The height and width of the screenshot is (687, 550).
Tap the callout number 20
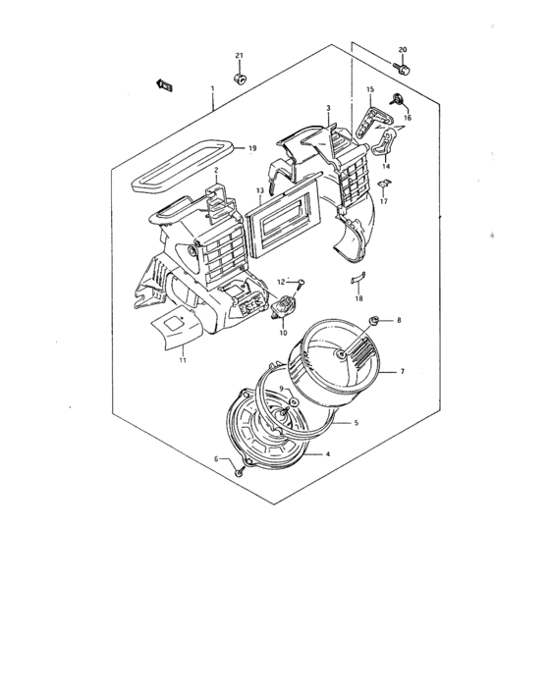pos(402,49)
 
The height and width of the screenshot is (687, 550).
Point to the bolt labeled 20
pos(403,68)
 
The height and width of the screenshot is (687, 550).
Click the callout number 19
pos(252,148)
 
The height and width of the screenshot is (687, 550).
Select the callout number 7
pos(401,372)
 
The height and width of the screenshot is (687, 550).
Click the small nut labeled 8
pos(374,321)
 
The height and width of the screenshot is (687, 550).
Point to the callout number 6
pos(217,458)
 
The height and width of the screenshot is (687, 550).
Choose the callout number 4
pos(327,453)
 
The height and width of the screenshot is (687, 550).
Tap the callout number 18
pos(358,297)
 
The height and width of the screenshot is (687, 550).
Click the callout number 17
pos(385,202)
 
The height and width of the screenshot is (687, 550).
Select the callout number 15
pos(370,90)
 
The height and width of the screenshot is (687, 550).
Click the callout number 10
pos(282,333)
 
